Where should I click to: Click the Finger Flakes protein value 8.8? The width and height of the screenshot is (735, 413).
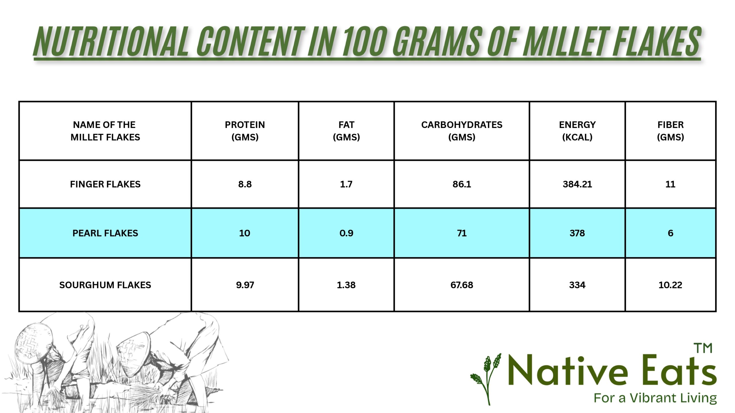click(x=245, y=184)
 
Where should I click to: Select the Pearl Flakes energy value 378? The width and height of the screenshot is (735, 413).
click(x=577, y=233)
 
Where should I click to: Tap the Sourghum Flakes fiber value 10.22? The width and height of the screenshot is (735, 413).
click(x=670, y=285)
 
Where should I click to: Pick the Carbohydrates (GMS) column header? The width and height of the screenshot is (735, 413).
click(x=462, y=131)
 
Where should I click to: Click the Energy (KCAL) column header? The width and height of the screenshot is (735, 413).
click(x=577, y=131)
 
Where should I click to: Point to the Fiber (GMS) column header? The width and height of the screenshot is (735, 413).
click(x=670, y=131)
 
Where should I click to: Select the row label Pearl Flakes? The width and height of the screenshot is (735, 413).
click(x=105, y=233)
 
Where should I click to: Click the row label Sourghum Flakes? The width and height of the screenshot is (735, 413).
click(x=105, y=285)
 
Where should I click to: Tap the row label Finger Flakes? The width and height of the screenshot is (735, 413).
click(x=105, y=184)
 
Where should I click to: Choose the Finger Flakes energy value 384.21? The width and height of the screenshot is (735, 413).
click(x=577, y=184)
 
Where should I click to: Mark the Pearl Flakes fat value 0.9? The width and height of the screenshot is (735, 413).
click(x=346, y=233)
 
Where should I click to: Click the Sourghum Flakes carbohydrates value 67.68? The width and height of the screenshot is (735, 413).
click(x=462, y=285)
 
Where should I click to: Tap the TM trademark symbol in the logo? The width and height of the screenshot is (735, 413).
click(x=703, y=348)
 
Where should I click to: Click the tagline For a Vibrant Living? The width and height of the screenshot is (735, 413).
click(x=655, y=398)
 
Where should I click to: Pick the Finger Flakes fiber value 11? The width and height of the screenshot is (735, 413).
click(x=670, y=184)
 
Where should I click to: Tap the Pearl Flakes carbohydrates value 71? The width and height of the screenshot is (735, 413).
click(x=462, y=233)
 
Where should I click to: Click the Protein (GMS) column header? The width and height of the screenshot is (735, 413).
click(x=245, y=131)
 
